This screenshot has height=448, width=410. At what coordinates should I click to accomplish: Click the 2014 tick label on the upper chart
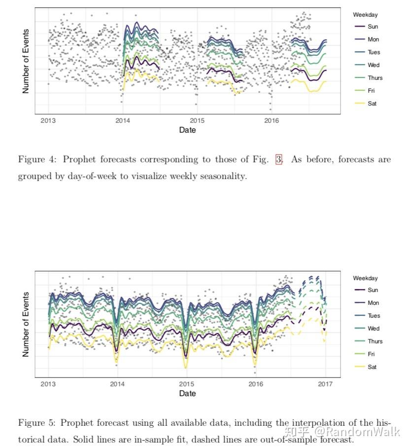pyautogui.click(x=122, y=120)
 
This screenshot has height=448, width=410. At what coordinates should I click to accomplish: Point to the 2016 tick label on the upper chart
pyautogui.click(x=271, y=120)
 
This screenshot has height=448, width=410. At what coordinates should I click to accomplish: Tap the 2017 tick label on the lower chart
pyautogui.click(x=325, y=384)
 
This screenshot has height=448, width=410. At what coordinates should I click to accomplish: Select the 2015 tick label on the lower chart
pyautogui.click(x=187, y=384)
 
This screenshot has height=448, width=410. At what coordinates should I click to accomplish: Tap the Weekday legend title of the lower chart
pyautogui.click(x=365, y=278)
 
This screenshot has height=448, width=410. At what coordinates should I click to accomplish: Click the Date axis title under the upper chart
pyautogui.click(x=187, y=130)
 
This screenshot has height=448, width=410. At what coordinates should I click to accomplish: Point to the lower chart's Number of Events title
pyautogui.click(x=26, y=324)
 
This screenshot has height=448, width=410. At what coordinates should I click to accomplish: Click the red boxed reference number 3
pyautogui.click(x=279, y=160)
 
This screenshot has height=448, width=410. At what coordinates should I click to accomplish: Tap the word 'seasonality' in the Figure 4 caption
pyautogui.click(x=220, y=176)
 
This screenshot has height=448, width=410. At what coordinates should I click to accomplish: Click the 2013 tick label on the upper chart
pyautogui.click(x=48, y=120)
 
